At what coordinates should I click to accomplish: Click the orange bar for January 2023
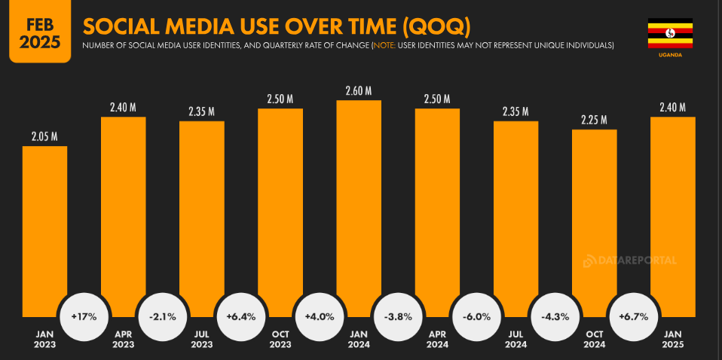point(44,226)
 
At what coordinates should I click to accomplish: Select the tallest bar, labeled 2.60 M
point(359,203)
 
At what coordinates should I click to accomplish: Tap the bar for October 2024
point(594,218)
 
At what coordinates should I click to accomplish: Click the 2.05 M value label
point(44,136)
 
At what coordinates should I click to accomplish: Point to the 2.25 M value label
point(594,120)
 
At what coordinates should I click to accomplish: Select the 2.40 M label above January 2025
point(672,107)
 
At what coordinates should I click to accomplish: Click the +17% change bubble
point(84,316)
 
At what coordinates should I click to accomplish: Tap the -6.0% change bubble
point(476,316)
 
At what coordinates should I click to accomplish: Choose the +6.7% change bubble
point(633,316)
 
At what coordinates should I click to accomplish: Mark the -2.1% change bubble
point(162,316)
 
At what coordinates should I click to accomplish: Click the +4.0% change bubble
point(319,316)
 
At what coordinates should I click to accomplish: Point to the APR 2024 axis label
point(437,340)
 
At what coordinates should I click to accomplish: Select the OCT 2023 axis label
point(280,340)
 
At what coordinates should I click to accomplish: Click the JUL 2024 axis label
point(515,340)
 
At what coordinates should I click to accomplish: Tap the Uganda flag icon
point(670,34)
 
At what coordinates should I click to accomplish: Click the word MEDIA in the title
point(202,27)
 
